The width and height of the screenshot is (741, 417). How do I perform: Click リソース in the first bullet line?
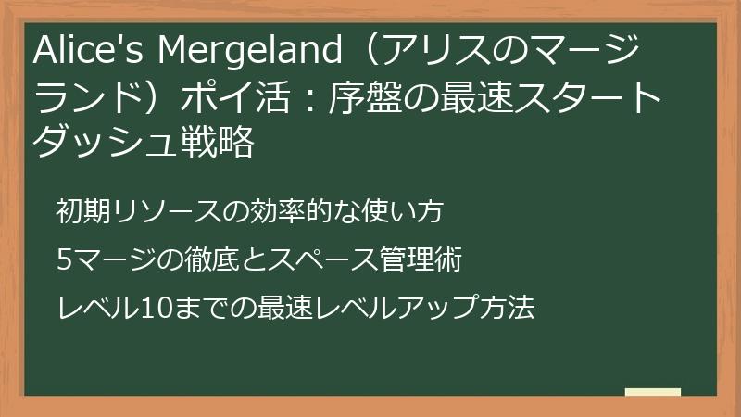154,212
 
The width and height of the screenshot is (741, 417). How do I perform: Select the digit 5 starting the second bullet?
63,260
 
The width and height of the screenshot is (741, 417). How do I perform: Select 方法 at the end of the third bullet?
511,308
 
